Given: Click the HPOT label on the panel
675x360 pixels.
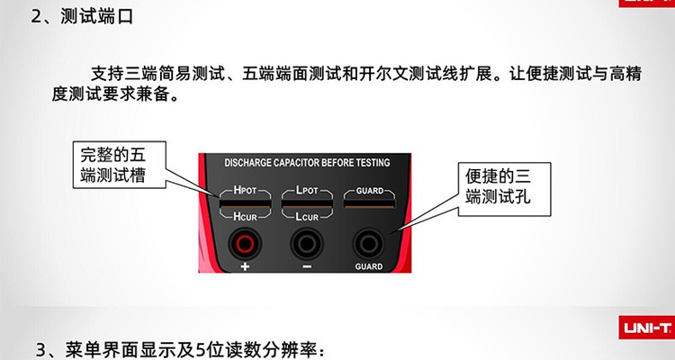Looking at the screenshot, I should pyautogui.click(x=243, y=191).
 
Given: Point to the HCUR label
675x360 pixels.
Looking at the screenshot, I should pyautogui.click(x=243, y=217).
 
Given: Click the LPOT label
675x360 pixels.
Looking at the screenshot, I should pyautogui.click(x=306, y=191).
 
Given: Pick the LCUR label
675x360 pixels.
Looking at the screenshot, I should pyautogui.click(x=306, y=217).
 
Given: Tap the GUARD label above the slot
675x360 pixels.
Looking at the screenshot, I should pyautogui.click(x=369, y=192).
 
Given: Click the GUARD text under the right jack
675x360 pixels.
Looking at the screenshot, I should pyautogui.click(x=369, y=267).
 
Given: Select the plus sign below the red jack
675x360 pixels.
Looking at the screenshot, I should pyautogui.click(x=243, y=267).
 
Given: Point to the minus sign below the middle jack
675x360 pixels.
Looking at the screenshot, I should pyautogui.click(x=306, y=267).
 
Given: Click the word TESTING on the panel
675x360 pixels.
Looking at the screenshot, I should pyautogui.click(x=371, y=164).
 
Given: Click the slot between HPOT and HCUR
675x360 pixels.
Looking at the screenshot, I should pyautogui.click(x=243, y=204).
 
